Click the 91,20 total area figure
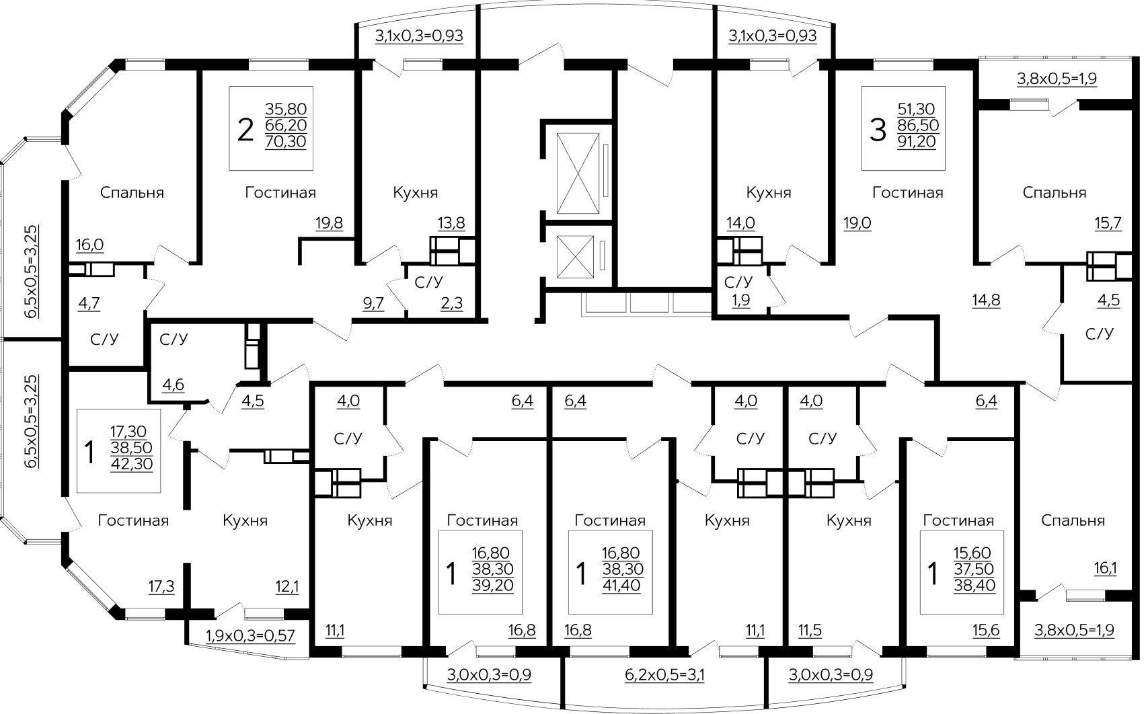(917, 141)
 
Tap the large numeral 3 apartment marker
(878, 130)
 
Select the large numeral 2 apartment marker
(245, 130)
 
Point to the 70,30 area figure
(286, 141)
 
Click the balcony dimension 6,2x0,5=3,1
(664, 675)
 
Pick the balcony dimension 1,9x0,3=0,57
(251, 635)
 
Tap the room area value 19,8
(329, 223)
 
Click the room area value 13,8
(451, 223)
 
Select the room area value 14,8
(986, 300)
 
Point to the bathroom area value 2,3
(451, 303)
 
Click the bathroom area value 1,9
(741, 300)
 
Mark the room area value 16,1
(1106, 568)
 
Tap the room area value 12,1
(287, 587)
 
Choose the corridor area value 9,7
(373, 303)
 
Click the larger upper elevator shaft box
(578, 173)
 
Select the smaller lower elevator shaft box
(575, 257)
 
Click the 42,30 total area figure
(132, 464)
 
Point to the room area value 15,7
(1108, 223)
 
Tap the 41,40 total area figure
(621, 586)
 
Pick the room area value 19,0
(857, 223)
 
